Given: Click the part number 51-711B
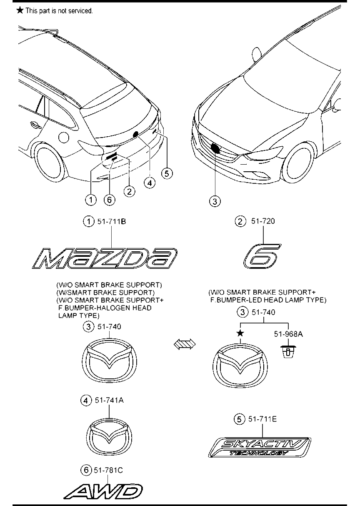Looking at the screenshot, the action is coord(111,221).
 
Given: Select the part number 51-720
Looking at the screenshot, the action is coord(263,221).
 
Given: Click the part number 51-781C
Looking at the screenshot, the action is coord(108,470).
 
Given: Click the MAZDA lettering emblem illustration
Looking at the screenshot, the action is coord(105,258).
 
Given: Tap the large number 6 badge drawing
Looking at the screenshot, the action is coord(262,256).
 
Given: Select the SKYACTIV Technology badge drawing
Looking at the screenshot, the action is coord(260,447).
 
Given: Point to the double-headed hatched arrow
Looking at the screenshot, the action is coord(185,344).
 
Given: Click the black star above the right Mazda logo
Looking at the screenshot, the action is coord(240,333).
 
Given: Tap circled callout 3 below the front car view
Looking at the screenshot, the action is coord(215,201).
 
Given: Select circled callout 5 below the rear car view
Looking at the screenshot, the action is coord(167,173).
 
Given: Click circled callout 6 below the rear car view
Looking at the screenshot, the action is coord(109,200).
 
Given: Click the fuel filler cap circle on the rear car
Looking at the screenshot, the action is coord(63,137).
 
